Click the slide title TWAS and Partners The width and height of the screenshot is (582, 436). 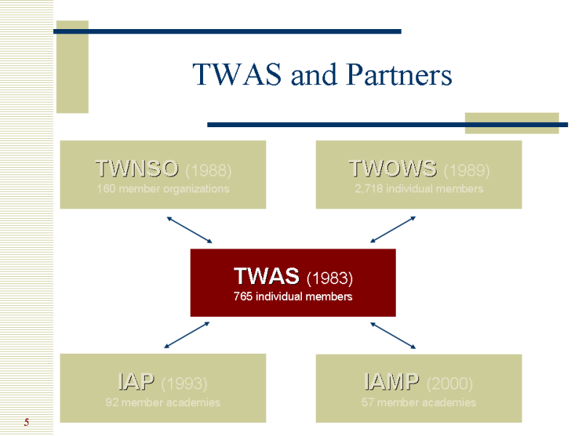[322, 75]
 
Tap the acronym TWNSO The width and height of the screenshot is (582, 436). [137, 169]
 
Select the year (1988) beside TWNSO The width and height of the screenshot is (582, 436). [209, 171]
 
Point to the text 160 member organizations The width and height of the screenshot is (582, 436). [163, 189]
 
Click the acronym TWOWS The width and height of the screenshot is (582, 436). [393, 169]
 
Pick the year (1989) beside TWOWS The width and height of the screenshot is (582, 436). [466, 171]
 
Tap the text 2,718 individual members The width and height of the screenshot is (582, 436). [419, 189]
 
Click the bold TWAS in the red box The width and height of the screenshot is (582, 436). [266, 276]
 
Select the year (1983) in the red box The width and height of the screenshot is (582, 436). [329, 278]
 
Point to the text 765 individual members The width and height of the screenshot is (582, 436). [292, 296]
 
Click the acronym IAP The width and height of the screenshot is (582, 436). [136, 381]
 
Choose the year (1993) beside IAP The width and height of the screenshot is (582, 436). [184, 383]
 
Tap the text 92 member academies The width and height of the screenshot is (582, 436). [163, 402]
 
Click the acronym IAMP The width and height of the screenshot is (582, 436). [391, 381]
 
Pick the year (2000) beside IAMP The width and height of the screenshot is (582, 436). [450, 383]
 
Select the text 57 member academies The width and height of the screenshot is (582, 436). [419, 402]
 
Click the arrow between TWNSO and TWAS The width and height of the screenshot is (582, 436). [189, 230]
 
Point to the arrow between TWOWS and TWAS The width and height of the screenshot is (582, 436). [393, 230]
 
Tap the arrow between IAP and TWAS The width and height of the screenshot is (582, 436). [188, 335]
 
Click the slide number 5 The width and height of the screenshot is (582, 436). [26, 422]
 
